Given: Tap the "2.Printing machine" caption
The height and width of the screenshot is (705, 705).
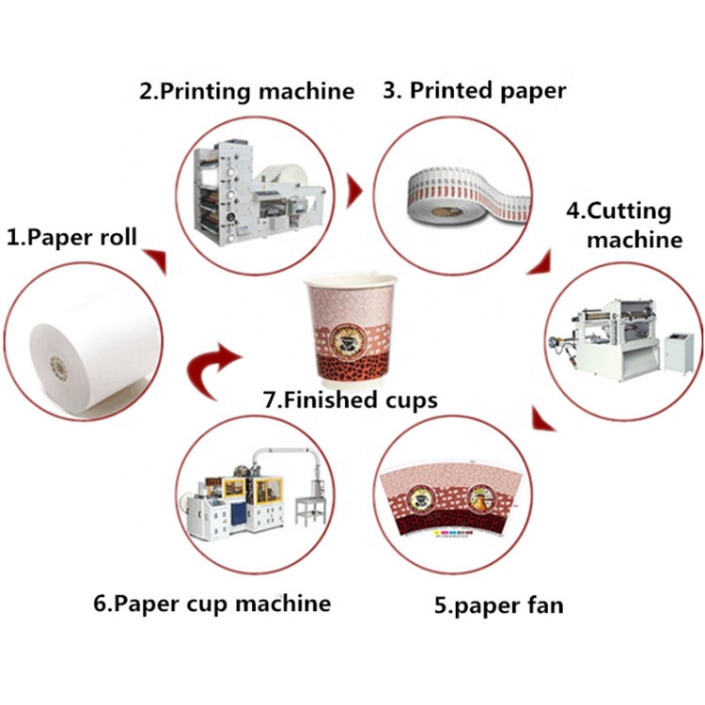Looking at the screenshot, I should pyautogui.click(x=247, y=91).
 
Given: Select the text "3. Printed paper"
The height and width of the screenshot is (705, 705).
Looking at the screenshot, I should pyautogui.click(x=475, y=91).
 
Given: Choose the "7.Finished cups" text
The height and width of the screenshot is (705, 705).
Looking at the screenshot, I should pyautogui.click(x=350, y=399).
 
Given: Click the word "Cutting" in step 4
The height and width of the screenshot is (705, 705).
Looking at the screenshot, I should pyautogui.click(x=631, y=211).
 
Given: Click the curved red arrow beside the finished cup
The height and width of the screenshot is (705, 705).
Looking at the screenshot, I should pyautogui.click(x=213, y=362).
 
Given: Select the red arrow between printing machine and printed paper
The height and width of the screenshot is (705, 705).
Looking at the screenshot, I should pyautogui.click(x=354, y=193).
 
